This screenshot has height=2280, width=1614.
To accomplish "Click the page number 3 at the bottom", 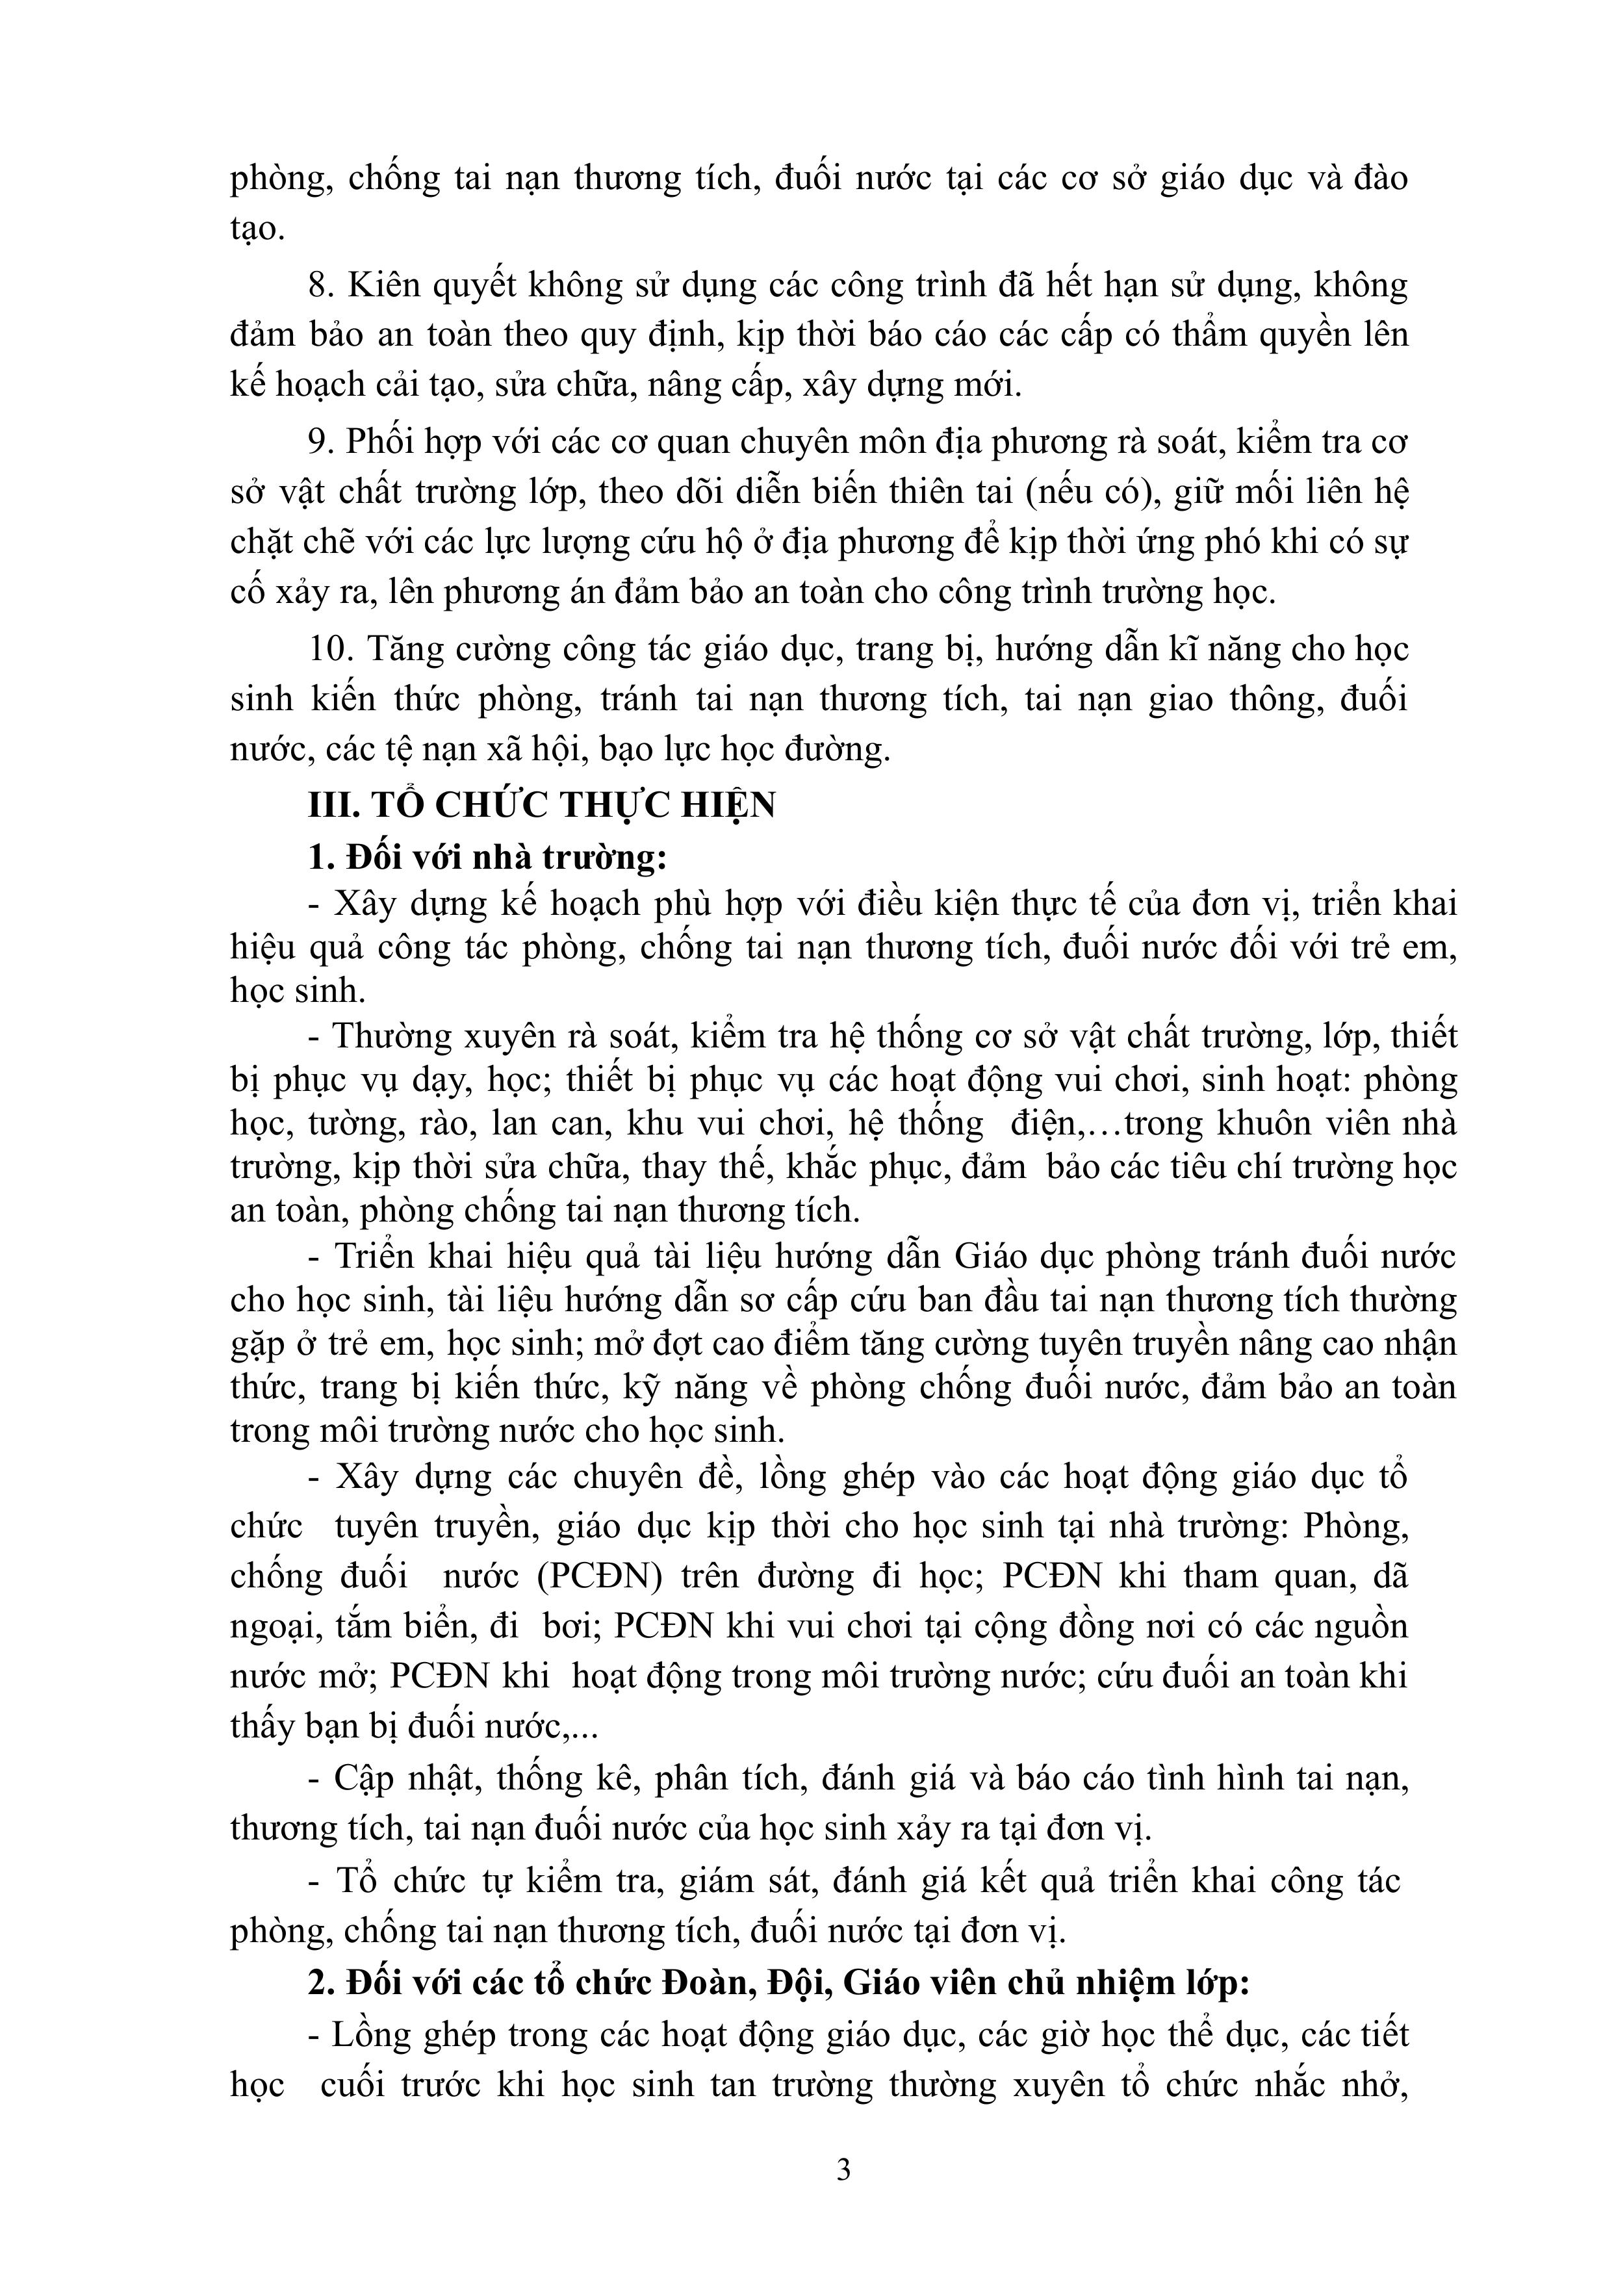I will (x=843, y=2169).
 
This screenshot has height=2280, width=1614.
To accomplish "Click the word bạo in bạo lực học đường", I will (x=629, y=749).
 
